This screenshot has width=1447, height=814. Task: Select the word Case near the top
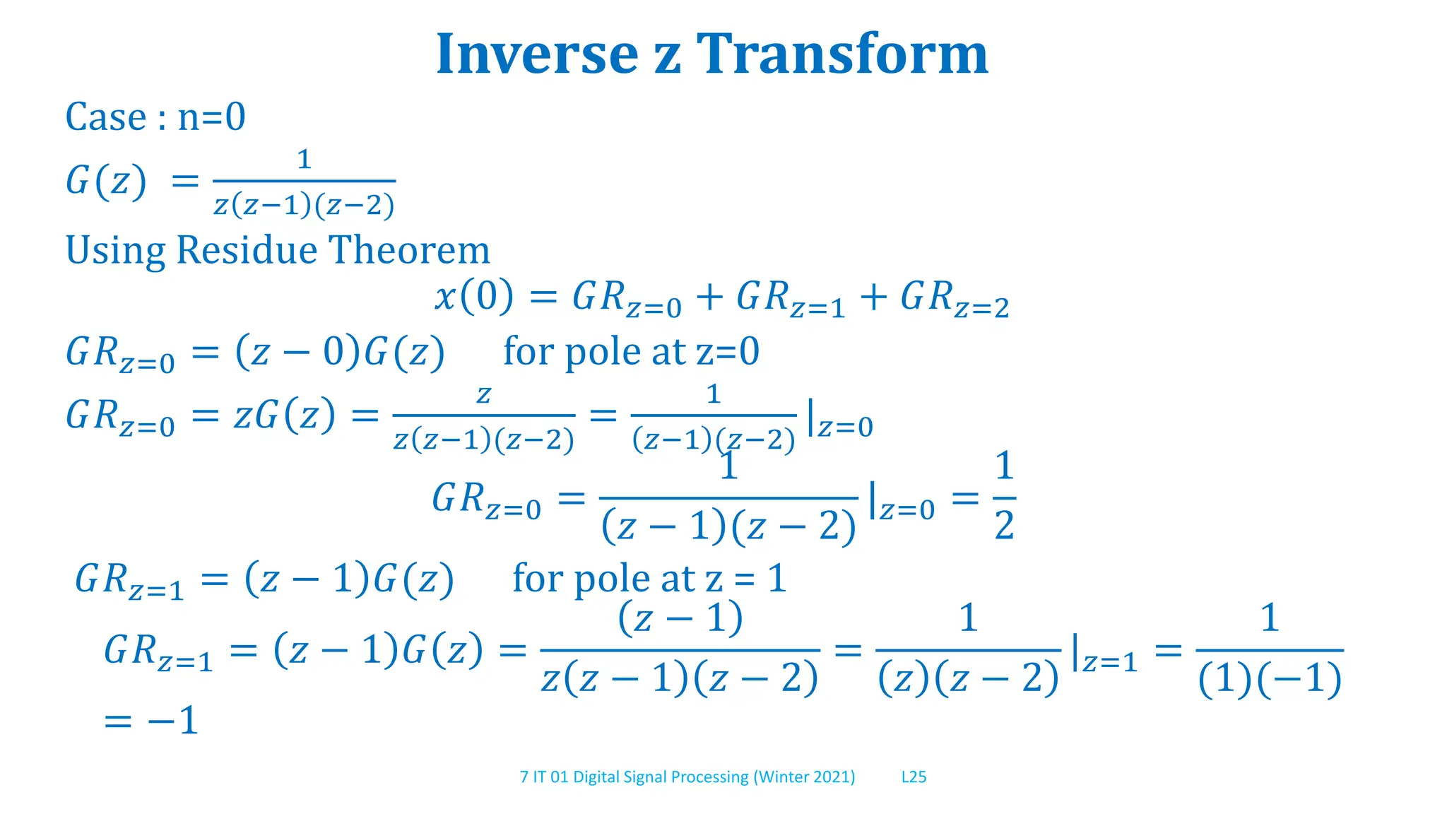tap(106, 117)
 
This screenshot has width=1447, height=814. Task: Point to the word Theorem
tap(409, 250)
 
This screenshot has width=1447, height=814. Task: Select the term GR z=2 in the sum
tap(955, 298)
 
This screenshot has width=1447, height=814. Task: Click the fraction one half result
tap(1004, 496)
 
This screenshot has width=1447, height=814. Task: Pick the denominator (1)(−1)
tap(1270, 679)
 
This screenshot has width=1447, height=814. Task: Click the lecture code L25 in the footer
tap(914, 777)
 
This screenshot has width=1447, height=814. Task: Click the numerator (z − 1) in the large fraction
tap(680, 618)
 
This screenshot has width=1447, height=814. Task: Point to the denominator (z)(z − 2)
tap(968, 679)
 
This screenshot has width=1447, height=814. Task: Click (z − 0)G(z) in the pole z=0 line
tap(340, 352)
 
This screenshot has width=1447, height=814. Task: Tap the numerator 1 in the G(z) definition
tap(304, 160)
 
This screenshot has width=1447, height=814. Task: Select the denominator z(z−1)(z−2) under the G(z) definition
tap(304, 206)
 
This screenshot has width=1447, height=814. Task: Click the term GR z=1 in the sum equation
tap(791, 298)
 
